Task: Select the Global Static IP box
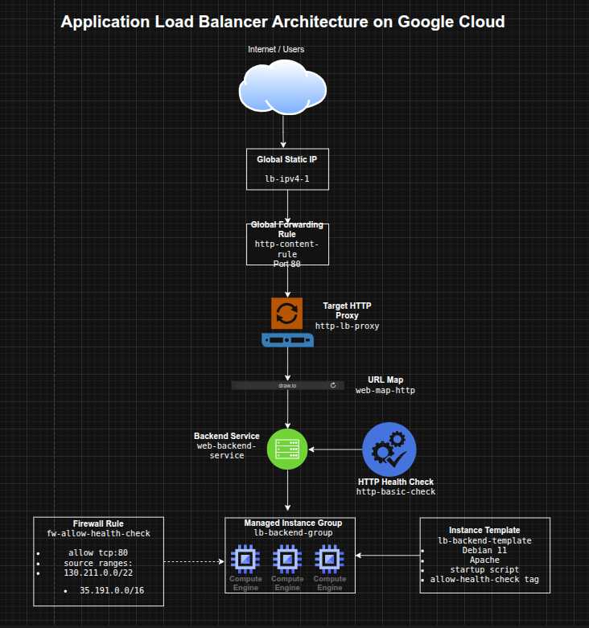(287, 168)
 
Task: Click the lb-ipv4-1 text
(287, 179)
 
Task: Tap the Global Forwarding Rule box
(287, 244)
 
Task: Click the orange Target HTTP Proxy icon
(286, 314)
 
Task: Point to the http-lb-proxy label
(347, 326)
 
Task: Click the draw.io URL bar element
(288, 386)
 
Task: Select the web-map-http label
(385, 390)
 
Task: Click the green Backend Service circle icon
(288, 449)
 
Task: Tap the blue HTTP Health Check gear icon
(389, 449)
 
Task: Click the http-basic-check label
(396, 492)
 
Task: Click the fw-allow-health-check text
(98, 533)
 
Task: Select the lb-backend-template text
(484, 540)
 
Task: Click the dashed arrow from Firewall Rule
(193, 561)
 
